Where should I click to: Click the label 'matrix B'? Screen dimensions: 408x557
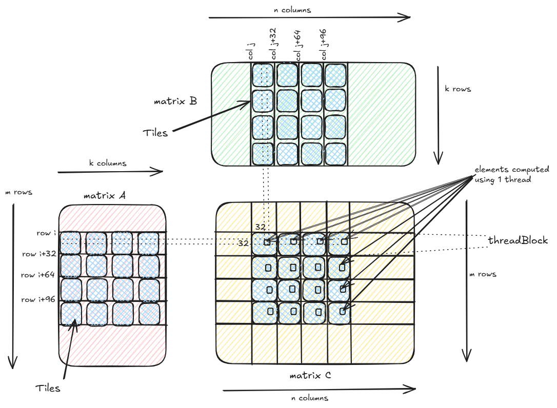[x=175, y=101]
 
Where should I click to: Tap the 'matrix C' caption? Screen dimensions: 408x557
[x=310, y=376]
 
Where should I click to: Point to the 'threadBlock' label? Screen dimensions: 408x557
[x=518, y=240]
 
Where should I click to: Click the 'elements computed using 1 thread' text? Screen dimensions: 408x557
[x=511, y=174]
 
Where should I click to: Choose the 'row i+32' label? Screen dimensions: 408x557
[x=39, y=254]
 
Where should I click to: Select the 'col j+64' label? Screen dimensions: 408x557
[x=297, y=45]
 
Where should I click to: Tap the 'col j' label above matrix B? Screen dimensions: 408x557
[x=252, y=52]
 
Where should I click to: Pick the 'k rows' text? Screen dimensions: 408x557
[x=457, y=89]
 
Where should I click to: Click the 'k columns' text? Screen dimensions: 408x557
[x=107, y=163]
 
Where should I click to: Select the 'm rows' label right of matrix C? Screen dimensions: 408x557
[x=483, y=274]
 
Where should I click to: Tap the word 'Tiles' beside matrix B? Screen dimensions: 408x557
[x=155, y=133]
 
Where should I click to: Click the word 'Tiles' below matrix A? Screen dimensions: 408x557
[x=48, y=388]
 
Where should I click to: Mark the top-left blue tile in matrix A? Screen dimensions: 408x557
[x=71, y=243]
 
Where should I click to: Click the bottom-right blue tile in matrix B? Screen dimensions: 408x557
[x=335, y=154]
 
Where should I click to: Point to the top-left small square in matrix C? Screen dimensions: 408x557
[x=267, y=242]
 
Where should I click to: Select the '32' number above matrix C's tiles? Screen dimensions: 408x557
[x=261, y=227]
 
